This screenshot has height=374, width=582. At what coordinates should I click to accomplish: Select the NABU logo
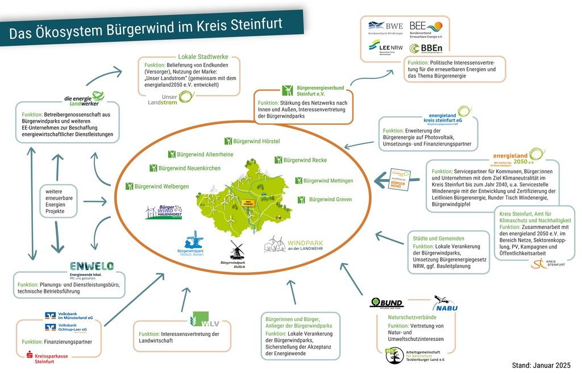[x=446, y=304]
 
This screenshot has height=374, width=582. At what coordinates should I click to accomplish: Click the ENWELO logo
[x=92, y=267]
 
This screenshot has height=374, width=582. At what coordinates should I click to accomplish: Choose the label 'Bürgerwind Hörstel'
[x=252, y=141]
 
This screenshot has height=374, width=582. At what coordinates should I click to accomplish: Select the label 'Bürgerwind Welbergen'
[x=157, y=186]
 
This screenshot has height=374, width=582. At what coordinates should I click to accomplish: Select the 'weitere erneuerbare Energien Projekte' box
[x=58, y=201]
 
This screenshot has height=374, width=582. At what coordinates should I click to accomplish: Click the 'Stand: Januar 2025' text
[x=541, y=365]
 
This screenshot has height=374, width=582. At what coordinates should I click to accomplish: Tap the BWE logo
[x=386, y=26]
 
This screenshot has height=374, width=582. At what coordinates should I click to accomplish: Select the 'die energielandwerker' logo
[x=85, y=98]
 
